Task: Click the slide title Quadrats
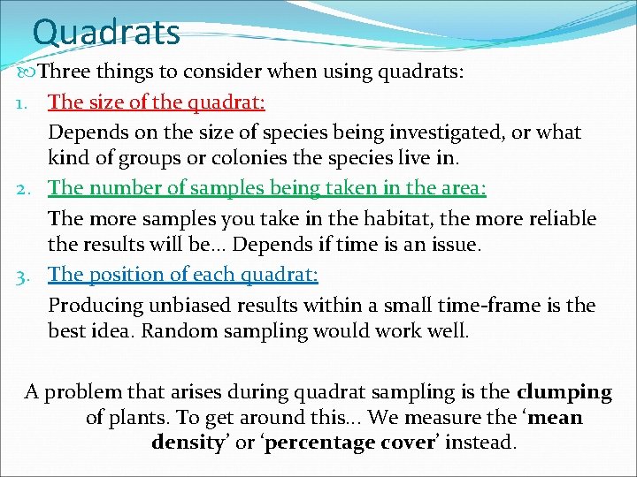106,32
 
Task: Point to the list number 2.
25,188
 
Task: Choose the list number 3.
25,275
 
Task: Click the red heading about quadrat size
157,102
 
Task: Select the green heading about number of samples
267,187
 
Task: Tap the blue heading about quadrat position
183,274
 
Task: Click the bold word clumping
564,391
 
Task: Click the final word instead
480,442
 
